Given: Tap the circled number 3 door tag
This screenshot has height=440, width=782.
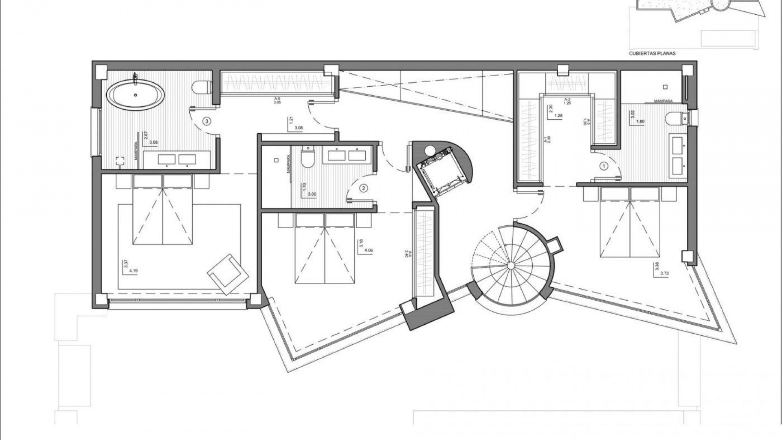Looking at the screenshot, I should pyautogui.click(x=207, y=121).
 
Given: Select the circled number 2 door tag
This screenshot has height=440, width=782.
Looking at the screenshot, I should pyautogui.click(x=364, y=188).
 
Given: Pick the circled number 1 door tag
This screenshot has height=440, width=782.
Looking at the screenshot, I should pyautogui.click(x=604, y=166).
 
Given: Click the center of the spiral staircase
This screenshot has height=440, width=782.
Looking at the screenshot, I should pyautogui.click(x=511, y=265).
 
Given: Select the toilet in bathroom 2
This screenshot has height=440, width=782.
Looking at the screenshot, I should pyautogui.click(x=308, y=158).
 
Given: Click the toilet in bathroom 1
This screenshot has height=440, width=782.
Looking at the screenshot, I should pyautogui.click(x=674, y=119).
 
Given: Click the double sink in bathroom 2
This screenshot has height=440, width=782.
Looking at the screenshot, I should pyautogui.click(x=347, y=156).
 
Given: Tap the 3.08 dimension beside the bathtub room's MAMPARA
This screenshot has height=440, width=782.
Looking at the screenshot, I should pyautogui.click(x=154, y=143).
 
